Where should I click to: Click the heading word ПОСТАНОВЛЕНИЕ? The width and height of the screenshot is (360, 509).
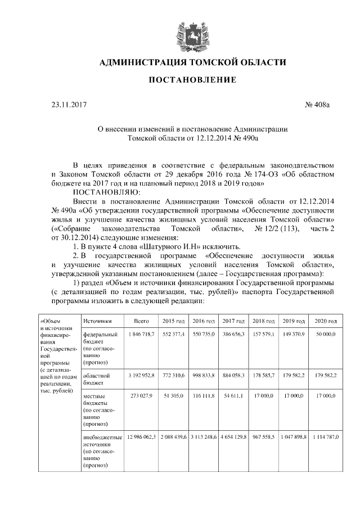coord(192,80)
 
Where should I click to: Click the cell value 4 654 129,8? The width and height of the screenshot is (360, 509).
coord(234,437)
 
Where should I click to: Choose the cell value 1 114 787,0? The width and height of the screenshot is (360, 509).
coord(326,437)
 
